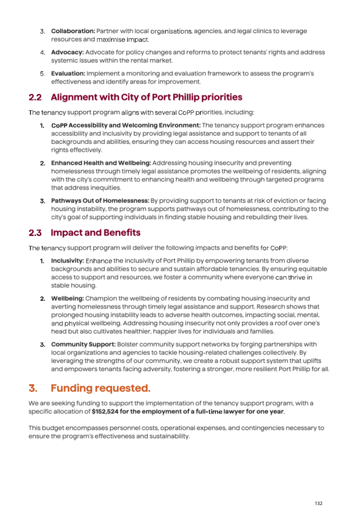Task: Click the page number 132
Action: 318,503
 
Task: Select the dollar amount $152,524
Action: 105,411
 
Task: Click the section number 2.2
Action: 35,97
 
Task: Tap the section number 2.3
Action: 35,233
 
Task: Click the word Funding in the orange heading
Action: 71,388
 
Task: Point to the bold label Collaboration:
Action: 73,31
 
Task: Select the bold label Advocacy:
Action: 67,52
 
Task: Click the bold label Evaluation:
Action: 68,73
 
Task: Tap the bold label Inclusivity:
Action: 67,260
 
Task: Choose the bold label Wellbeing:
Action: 67,298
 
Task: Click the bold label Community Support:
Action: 83,344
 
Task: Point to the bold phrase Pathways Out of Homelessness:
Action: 100,201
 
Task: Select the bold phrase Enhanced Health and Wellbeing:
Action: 101,163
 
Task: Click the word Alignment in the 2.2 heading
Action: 74,97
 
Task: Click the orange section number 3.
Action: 33,388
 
